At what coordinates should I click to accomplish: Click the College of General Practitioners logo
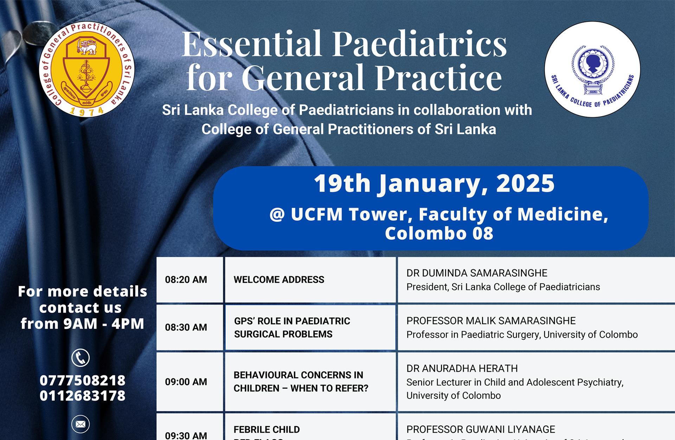pos(86,69)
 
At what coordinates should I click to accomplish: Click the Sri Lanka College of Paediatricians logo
pos(592,69)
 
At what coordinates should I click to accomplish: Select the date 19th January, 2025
pos(434,184)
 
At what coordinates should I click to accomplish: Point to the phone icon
pos(81,358)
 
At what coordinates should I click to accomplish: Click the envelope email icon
pos(81,424)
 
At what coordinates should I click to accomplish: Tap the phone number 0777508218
pos(83,381)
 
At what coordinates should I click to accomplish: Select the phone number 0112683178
pos(83,396)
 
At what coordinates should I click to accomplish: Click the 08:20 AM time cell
pos(186,280)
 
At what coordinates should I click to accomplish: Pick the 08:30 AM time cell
pos(186,327)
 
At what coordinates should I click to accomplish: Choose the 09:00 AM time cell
pos(186,382)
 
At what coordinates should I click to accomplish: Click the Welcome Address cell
pos(279,280)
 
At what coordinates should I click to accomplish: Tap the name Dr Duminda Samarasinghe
pos(477,273)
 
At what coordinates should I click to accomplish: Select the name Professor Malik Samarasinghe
pos(491,321)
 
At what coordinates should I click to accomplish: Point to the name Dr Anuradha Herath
pos(462,369)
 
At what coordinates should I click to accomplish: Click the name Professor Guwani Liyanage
pos(481,429)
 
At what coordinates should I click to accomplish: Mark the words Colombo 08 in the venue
pos(439,234)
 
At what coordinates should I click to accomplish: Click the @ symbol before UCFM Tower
pos(277,215)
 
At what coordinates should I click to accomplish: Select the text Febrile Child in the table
pos(266,429)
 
